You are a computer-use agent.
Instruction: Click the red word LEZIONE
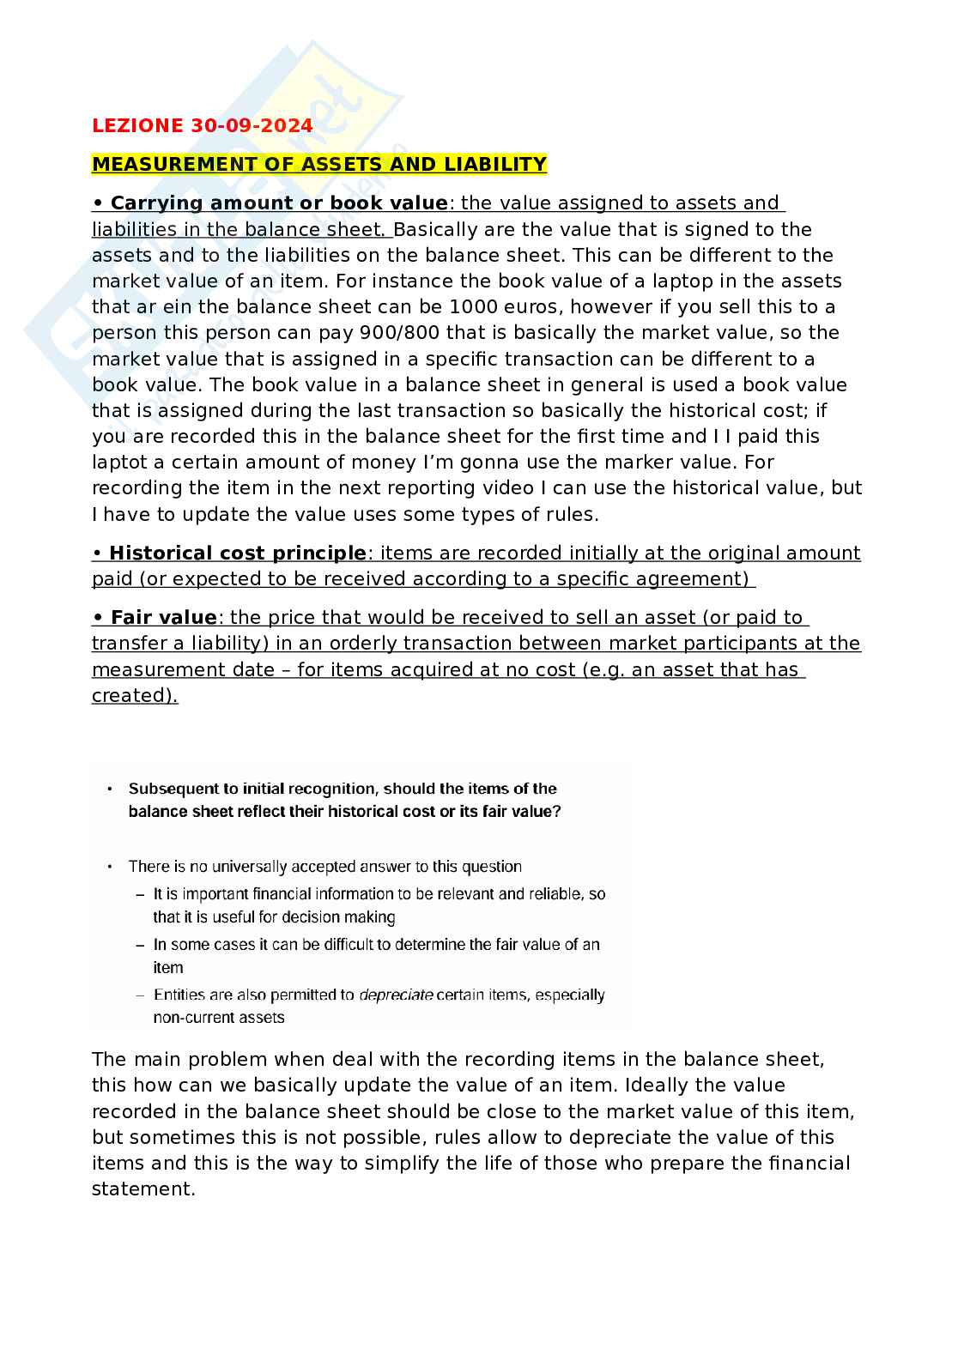[137, 126]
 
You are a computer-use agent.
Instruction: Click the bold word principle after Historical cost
[318, 553]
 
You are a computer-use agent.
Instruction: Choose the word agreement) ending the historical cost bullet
[695, 579]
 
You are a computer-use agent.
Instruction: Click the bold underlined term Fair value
[163, 618]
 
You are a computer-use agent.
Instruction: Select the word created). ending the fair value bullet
[134, 696]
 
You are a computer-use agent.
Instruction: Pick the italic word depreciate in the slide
[395, 995]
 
